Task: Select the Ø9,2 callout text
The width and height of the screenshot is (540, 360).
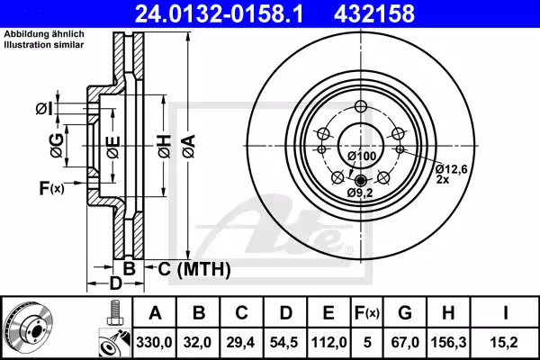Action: point(361,192)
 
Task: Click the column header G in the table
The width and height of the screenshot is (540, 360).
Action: point(405,312)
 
